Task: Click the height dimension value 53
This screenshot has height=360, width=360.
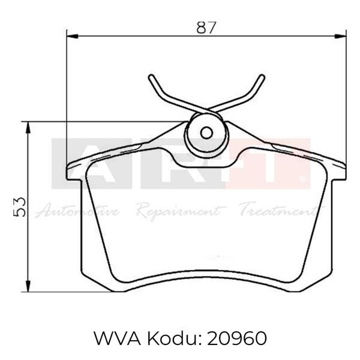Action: point(19,206)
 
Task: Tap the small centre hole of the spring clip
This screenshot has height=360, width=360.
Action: point(206,133)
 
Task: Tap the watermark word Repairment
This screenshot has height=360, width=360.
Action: point(178,211)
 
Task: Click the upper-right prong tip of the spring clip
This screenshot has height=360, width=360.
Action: point(262,76)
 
